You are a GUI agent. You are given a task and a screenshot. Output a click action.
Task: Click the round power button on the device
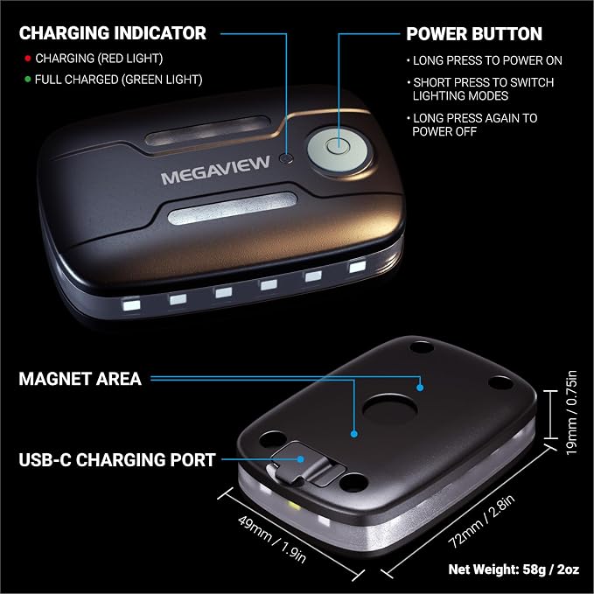(339, 148)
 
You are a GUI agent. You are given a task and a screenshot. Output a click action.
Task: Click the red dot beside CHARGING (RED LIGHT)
(27, 59)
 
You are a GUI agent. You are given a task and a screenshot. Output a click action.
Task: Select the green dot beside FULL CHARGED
(27, 80)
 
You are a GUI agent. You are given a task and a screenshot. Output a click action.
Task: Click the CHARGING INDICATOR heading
(113, 33)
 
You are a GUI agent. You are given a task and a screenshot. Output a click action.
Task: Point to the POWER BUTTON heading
(474, 34)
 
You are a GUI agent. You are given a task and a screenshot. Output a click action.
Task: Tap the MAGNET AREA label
(80, 379)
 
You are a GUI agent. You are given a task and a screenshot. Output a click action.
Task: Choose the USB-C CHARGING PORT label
(117, 459)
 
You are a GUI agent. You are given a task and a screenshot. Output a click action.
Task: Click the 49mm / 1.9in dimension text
(271, 540)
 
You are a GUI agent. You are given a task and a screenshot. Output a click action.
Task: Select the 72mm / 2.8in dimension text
(481, 521)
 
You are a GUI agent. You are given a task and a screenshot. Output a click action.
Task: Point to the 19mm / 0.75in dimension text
(571, 413)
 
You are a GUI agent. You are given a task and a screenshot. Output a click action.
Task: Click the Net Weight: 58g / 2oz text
(514, 569)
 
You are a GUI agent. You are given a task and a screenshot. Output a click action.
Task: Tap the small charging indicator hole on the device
(286, 158)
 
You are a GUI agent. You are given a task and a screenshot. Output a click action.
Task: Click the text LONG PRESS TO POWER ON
(487, 60)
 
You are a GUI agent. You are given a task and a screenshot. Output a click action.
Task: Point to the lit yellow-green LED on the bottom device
(294, 505)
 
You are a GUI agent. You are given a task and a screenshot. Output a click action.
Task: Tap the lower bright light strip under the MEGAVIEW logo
(232, 208)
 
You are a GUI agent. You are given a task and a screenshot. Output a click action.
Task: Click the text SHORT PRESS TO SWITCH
(484, 82)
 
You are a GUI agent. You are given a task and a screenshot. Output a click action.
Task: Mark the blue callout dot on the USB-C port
(300, 459)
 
